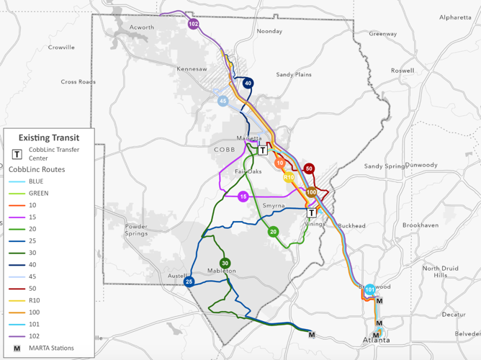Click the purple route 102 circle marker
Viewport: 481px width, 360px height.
pyautogui.click(x=193, y=24)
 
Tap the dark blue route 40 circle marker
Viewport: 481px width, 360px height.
pyautogui.click(x=248, y=84)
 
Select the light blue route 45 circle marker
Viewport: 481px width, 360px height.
pyautogui.click(x=223, y=102)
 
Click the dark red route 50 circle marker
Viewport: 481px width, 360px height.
pyautogui.click(x=309, y=168)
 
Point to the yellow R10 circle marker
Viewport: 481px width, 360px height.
pyautogui.click(x=289, y=177)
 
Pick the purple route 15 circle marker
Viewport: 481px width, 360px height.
pyautogui.click(x=243, y=197)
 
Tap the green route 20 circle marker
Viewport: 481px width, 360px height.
pyautogui.click(x=274, y=232)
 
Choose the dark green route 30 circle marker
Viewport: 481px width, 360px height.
pyautogui.click(x=225, y=264)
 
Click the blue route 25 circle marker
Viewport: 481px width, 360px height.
pyautogui.click(x=189, y=282)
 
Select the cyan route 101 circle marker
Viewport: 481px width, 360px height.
pyautogui.click(x=369, y=289)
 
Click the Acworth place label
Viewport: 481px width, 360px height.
pyautogui.click(x=142, y=27)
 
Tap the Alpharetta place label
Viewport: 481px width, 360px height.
pyautogui.click(x=455, y=17)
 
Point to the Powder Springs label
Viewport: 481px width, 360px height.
pyautogui.click(x=135, y=230)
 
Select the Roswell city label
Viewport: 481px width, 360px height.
pyautogui.click(x=403, y=71)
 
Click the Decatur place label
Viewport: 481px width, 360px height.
pyautogui.click(x=453, y=315)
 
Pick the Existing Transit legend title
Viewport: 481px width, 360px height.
pyautogui.click(x=49, y=137)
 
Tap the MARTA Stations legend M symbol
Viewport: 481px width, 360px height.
pyautogui.click(x=17, y=348)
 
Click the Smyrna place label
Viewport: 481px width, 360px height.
pyautogui.click(x=274, y=206)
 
